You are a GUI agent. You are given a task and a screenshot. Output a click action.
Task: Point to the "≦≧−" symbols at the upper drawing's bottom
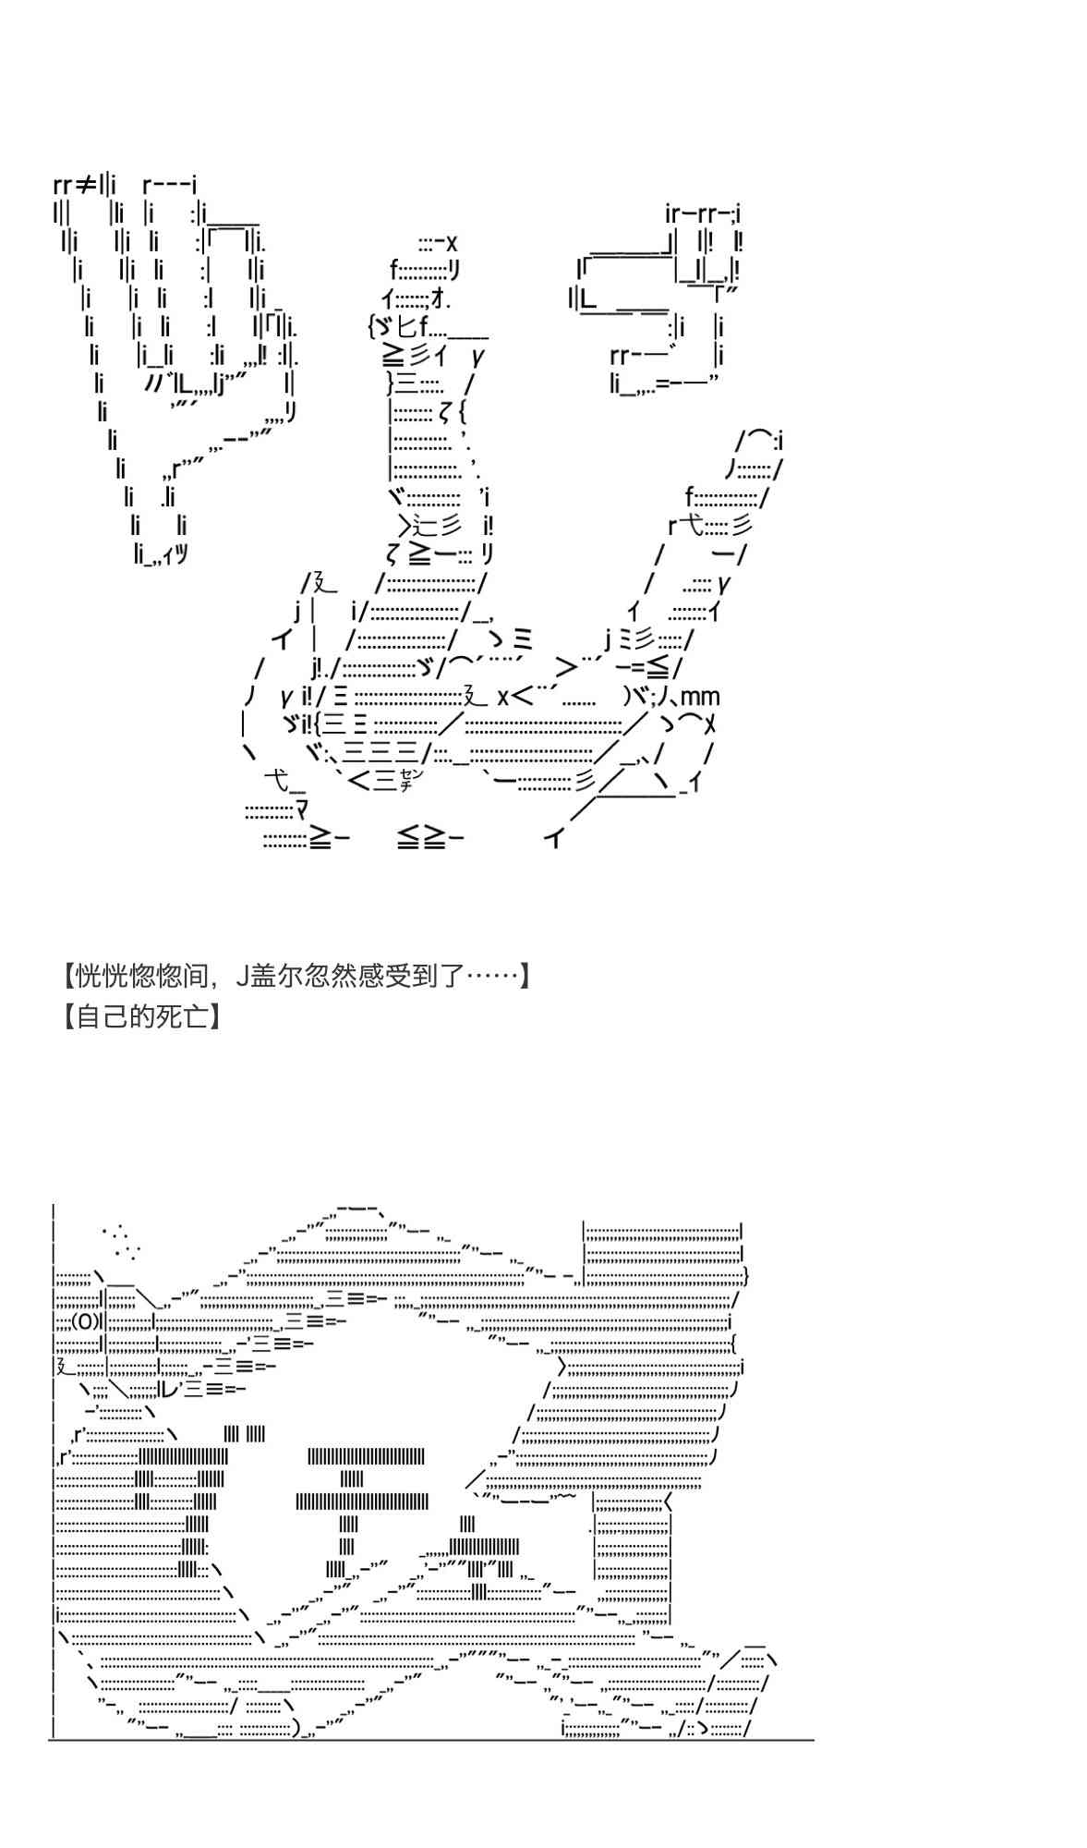point(430,839)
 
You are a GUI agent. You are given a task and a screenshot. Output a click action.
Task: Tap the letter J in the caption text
point(243,976)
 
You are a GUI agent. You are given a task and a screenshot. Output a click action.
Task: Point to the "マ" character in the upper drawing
point(302,812)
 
